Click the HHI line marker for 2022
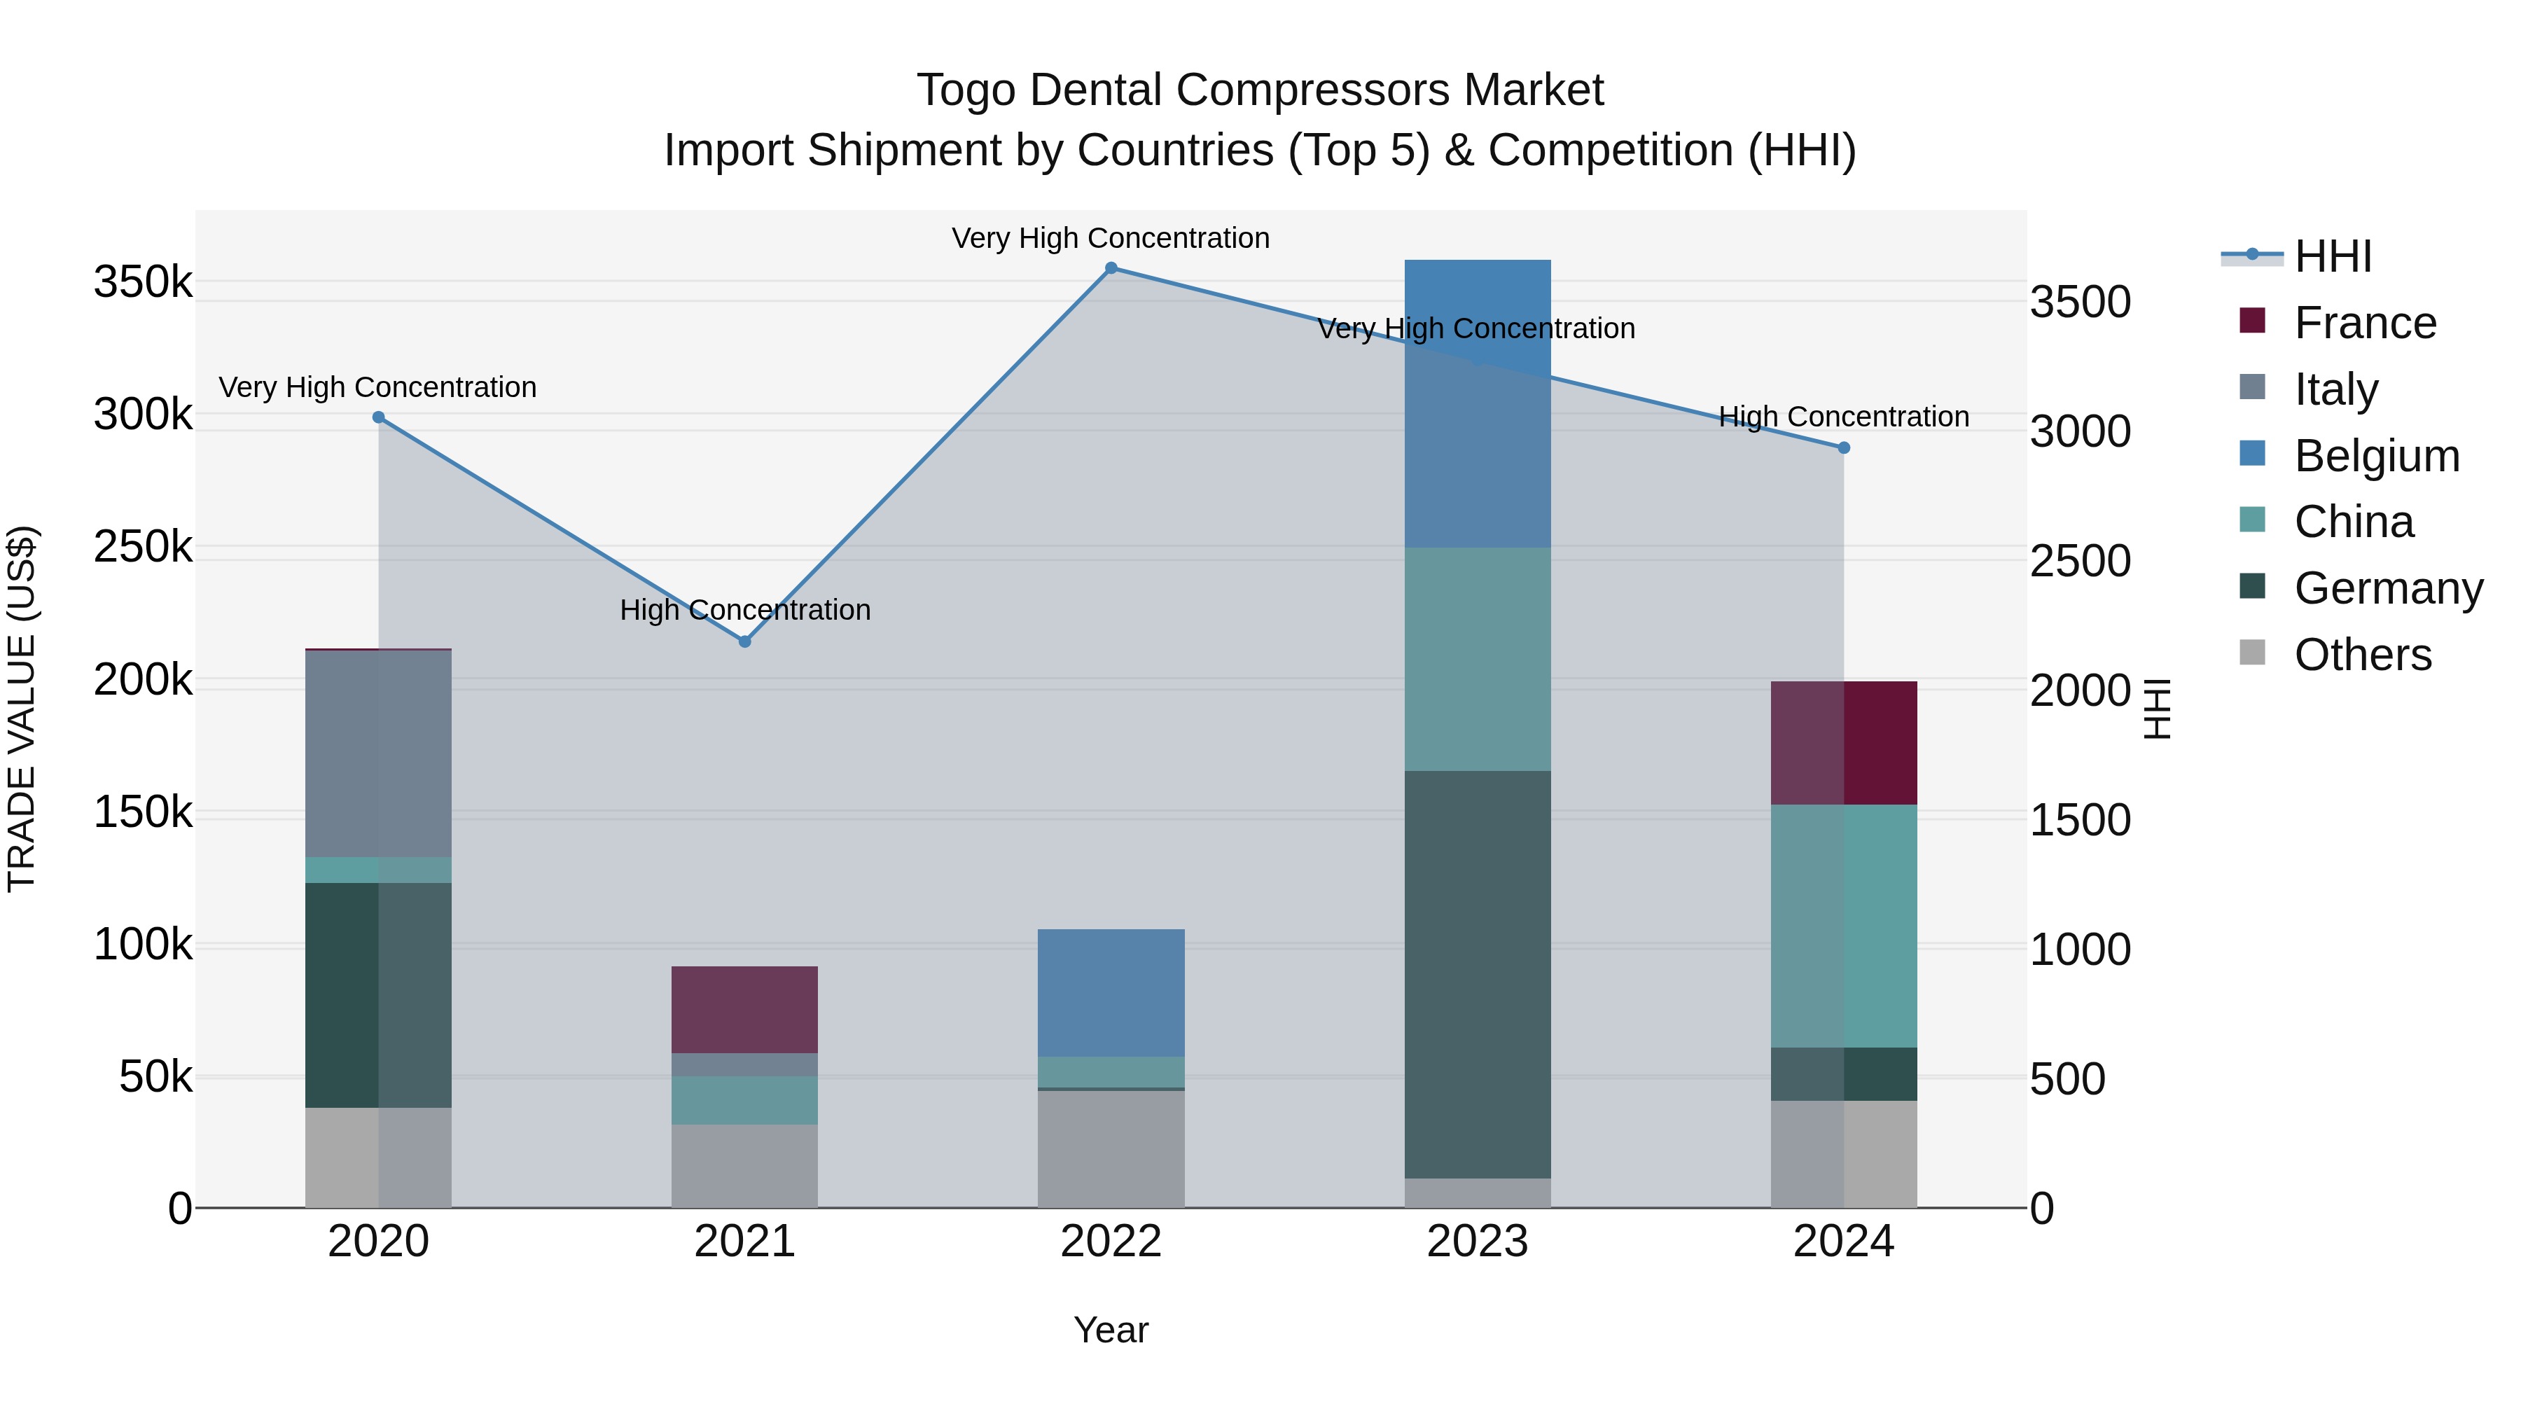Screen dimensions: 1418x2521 point(1111,268)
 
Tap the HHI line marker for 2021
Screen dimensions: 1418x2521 point(745,642)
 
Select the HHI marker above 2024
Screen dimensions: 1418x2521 point(1844,448)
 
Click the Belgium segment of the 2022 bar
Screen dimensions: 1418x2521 point(1111,992)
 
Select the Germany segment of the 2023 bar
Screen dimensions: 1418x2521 point(1477,974)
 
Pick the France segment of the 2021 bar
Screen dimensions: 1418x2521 point(745,1009)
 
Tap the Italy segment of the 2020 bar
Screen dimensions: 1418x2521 point(379,753)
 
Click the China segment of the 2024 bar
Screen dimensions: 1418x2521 point(1844,926)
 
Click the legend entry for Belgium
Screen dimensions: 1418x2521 point(2376,456)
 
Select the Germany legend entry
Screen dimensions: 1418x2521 point(2388,588)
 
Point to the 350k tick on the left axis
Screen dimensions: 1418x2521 point(143,283)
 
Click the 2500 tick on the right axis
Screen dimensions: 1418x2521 point(2080,562)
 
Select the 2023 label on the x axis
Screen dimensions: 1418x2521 point(1477,1242)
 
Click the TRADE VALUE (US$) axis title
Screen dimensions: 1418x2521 point(22,709)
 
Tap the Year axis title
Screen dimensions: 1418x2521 point(1111,1330)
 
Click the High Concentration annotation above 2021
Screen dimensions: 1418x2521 point(745,611)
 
